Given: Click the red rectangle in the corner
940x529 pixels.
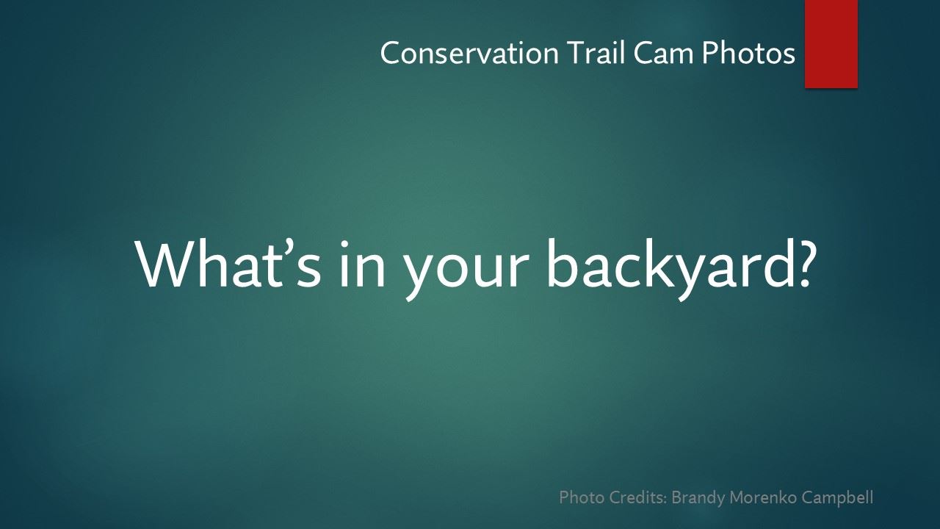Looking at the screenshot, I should point(831,44).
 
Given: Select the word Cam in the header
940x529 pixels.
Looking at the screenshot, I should point(665,53).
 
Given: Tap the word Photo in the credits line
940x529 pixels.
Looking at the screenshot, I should point(582,497).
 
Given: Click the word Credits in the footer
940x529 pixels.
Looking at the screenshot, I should point(638,497).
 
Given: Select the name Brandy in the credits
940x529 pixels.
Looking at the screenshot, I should point(698,498).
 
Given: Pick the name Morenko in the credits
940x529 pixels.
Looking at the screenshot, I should point(763,497).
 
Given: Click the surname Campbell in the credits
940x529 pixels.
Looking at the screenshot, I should point(837,498).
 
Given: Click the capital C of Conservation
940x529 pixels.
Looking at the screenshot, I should point(389,53).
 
